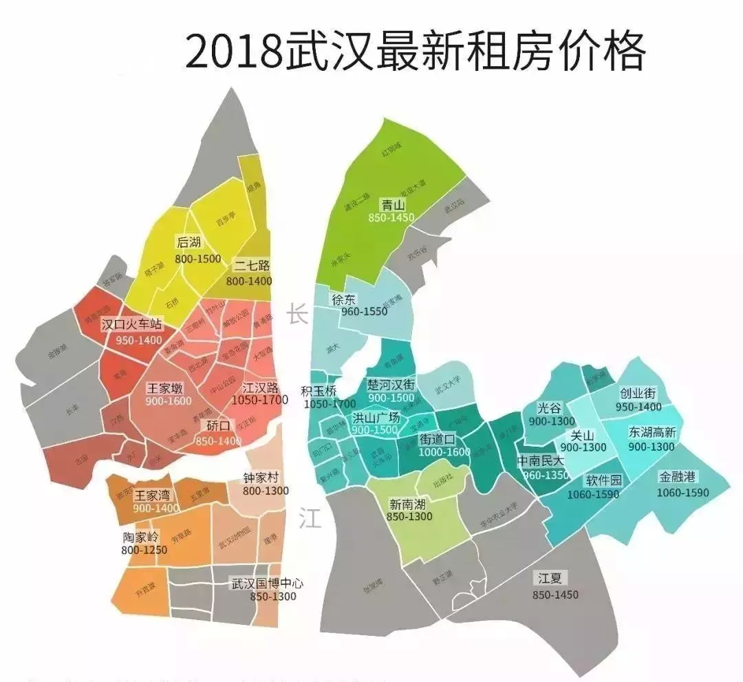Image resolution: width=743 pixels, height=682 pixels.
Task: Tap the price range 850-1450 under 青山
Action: pos(391,217)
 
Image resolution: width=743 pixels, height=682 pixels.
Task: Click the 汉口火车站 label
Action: pos(131,324)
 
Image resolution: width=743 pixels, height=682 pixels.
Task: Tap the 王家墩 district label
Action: pos(165,389)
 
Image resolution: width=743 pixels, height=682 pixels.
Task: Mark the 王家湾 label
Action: pos(152,494)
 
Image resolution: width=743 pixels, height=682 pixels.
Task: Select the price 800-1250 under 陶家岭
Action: pos(144,550)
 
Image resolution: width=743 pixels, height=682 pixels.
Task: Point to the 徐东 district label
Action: pos(344,300)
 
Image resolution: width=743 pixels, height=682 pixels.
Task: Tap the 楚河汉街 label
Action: pos(391,384)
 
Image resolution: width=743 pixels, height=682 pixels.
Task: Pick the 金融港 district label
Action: pos(678,476)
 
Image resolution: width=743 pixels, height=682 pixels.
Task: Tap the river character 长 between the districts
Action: pos(298,315)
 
